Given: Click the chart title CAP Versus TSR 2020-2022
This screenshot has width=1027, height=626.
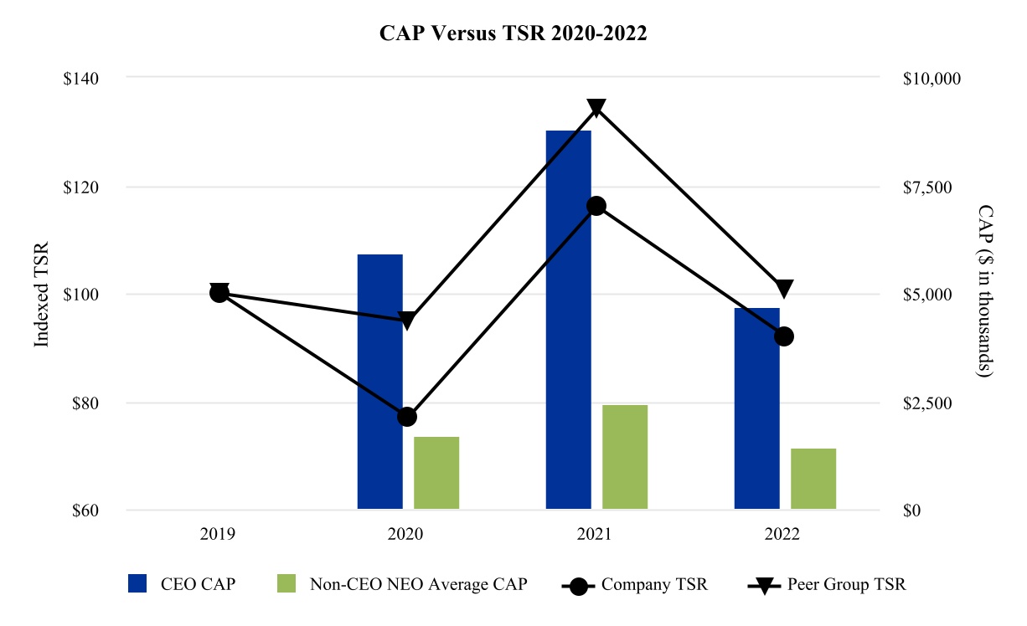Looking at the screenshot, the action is (x=513, y=33).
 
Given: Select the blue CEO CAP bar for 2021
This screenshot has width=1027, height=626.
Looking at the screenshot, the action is (x=569, y=320).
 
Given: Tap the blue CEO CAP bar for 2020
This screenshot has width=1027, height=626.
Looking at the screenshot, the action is (x=380, y=382).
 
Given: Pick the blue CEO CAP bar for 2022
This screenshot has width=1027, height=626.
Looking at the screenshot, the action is (x=757, y=408).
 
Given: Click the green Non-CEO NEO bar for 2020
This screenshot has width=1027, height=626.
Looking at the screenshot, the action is (x=436, y=473).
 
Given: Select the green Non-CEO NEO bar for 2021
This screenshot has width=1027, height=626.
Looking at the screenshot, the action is (x=625, y=457).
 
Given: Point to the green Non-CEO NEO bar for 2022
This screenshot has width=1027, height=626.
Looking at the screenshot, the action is (x=813, y=479).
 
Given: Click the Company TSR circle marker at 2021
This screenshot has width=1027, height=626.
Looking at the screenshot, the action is (x=596, y=206).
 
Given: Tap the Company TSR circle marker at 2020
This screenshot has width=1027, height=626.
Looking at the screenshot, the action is (x=407, y=417).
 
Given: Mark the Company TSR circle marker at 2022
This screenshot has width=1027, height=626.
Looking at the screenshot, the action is (x=784, y=336).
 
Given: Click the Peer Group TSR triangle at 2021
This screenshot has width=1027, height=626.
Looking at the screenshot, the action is (x=596, y=107).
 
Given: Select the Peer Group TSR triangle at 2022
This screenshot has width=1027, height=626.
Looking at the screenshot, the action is (x=784, y=289).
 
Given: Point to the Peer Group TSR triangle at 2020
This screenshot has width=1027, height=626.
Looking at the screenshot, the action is (x=407, y=320).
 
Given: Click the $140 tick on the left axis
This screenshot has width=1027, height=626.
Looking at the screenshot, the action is (x=80, y=79).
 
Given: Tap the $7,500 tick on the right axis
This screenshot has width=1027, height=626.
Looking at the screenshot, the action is (x=927, y=187).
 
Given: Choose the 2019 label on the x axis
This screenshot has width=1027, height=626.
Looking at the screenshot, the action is (x=218, y=534).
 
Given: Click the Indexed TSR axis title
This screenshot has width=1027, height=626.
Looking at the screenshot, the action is (x=41, y=295).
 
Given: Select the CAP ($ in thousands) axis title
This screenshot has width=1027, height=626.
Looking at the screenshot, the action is (x=985, y=291).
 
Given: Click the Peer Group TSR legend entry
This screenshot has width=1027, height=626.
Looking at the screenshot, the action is (x=827, y=584).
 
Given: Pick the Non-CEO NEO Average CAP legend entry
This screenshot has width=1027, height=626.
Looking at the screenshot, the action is (x=402, y=584).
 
